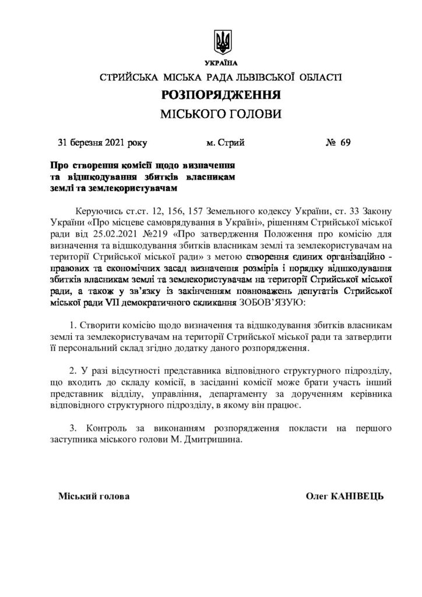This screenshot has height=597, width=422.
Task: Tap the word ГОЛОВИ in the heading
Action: [x=256, y=114]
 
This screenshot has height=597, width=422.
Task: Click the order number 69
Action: [x=345, y=142]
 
